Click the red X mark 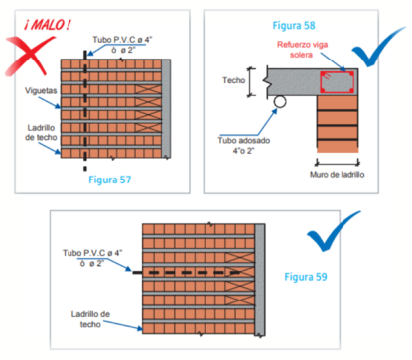click(x=29, y=57)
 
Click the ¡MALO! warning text click(x=48, y=25)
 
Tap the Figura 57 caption click(x=110, y=180)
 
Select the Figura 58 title click(x=294, y=26)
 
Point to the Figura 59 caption click(x=306, y=277)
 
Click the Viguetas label click(x=41, y=90)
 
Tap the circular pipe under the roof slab click(x=280, y=101)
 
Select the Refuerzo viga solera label click(x=302, y=50)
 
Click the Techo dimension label click(x=233, y=80)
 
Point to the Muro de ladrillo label click(x=337, y=175)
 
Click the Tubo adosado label click(x=244, y=145)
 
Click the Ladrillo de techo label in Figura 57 click(x=41, y=132)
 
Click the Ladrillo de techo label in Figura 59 click(x=90, y=319)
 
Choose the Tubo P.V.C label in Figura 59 click(x=92, y=258)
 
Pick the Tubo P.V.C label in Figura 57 click(x=122, y=45)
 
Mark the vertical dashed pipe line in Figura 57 click(x=85, y=111)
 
